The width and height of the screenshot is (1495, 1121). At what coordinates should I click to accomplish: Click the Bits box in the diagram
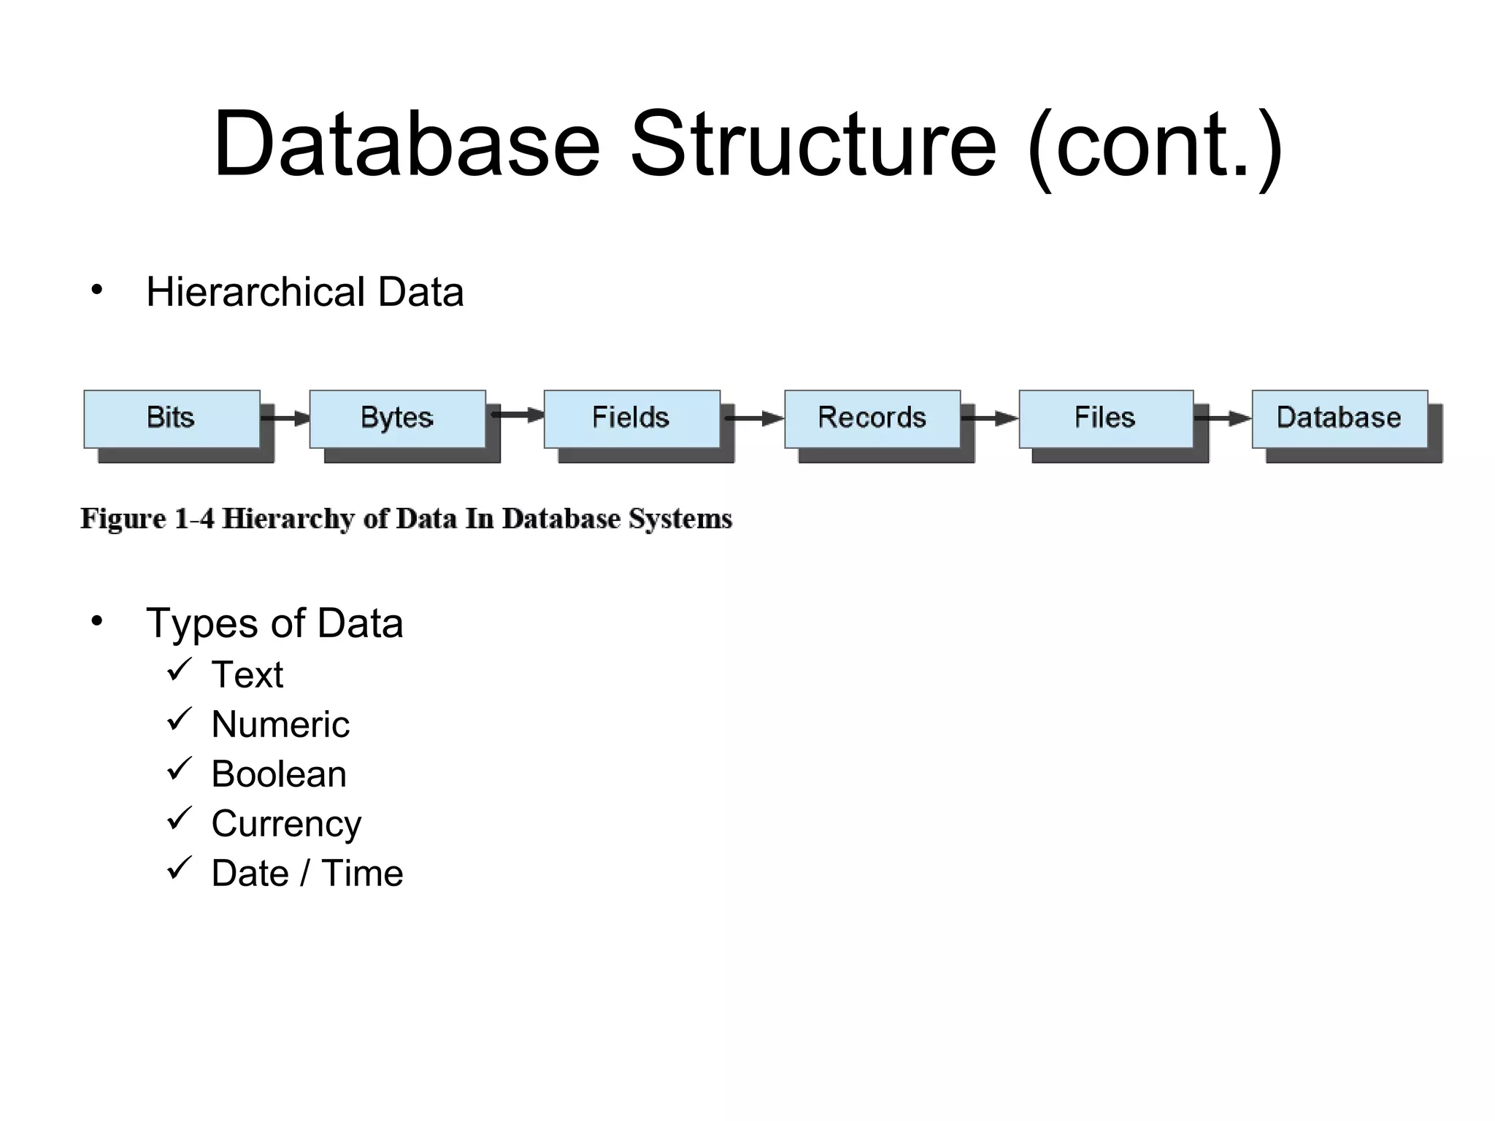[172, 418]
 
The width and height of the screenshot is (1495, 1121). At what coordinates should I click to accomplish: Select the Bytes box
[397, 418]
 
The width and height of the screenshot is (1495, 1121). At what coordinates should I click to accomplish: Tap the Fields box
[631, 418]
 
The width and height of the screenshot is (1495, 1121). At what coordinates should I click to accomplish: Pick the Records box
[872, 418]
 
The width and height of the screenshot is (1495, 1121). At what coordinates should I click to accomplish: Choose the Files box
[1106, 418]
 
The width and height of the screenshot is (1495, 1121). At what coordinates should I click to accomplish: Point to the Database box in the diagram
[1340, 418]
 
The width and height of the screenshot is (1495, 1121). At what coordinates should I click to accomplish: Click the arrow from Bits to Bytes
[285, 418]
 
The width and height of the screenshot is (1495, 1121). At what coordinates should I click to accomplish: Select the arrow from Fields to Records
[753, 418]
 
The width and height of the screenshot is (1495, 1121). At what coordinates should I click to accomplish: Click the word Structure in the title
[812, 144]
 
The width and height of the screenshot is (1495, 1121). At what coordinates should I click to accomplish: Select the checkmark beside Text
[179, 669]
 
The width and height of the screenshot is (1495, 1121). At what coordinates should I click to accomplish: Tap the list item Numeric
[280, 724]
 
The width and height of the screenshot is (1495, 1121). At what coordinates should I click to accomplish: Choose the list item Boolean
[279, 774]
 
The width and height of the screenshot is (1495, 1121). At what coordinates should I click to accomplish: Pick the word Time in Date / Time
[362, 873]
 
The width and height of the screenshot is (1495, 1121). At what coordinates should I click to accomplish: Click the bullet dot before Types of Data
[97, 622]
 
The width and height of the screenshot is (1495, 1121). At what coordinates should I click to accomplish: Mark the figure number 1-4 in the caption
[194, 519]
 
